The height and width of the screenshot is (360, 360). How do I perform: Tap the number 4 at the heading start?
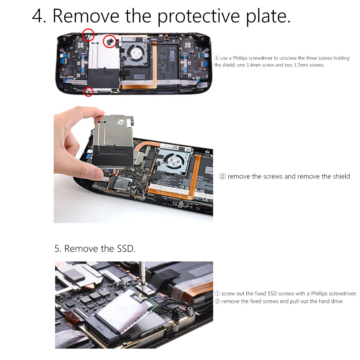tap(39, 16)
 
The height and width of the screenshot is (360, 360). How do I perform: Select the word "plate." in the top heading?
tap(269, 16)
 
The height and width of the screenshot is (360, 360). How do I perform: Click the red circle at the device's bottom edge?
tap(88, 92)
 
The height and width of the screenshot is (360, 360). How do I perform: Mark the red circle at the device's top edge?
tap(88, 35)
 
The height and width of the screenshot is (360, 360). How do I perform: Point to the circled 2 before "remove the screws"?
tap(222, 177)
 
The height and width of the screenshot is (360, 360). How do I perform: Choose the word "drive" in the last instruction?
tap(336, 301)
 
